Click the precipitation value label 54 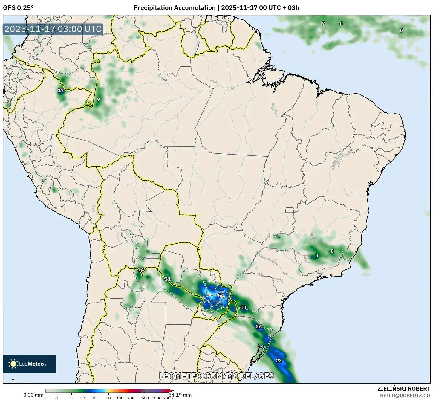click(x=221, y=296)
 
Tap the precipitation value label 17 click(x=61, y=90)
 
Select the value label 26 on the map click(x=259, y=326)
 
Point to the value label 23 click(x=279, y=361)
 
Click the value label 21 click(x=168, y=279)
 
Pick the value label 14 click(x=141, y=270)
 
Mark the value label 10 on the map click(x=244, y=307)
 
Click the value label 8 click(x=332, y=251)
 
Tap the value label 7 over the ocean click(x=323, y=23)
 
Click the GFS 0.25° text click(x=19, y=8)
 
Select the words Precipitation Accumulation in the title click(x=174, y=8)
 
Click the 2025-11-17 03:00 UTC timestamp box click(x=53, y=29)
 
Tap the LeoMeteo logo click(x=29, y=364)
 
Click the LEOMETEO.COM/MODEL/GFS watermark click(x=216, y=376)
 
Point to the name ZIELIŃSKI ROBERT click(x=403, y=389)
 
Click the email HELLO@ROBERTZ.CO click(x=405, y=395)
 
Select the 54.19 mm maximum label click(x=180, y=395)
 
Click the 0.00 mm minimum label click(x=33, y=395)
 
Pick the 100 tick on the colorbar click(x=120, y=398)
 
